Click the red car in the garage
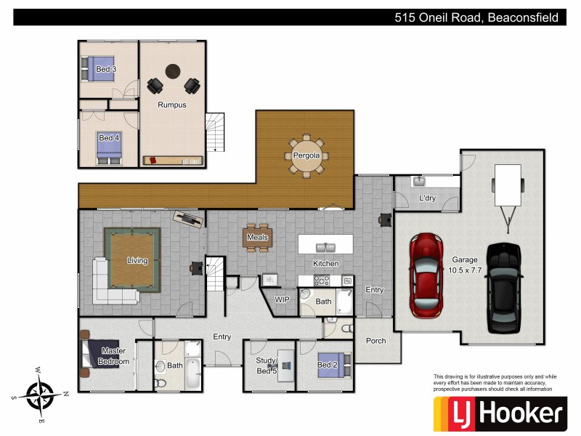[426, 275]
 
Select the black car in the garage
[503, 286]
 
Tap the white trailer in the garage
[507, 186]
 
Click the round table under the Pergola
[309, 156]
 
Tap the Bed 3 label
[105, 70]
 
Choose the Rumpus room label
[172, 105]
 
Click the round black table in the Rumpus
[172, 71]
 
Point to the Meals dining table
[258, 237]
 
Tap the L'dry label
[427, 198]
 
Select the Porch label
[375, 341]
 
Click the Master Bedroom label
[113, 356]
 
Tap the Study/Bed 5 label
[267, 366]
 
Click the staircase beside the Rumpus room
[215, 132]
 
